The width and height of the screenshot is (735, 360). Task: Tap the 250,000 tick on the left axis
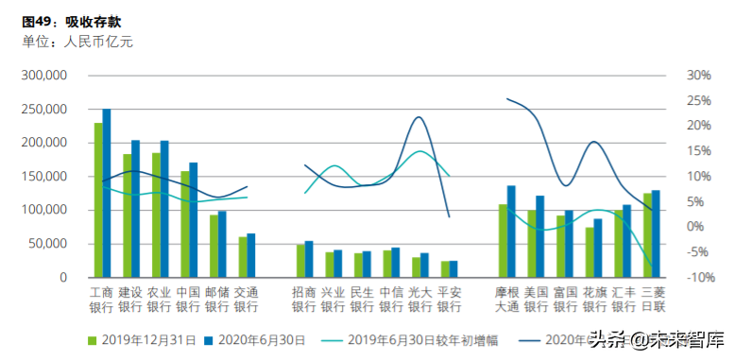click(44, 110)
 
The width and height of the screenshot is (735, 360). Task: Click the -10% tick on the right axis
click(698, 278)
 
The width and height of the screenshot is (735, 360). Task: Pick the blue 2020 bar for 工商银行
click(107, 194)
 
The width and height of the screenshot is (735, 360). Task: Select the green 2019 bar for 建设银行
click(127, 215)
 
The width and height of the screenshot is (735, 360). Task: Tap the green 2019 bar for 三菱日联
click(646, 235)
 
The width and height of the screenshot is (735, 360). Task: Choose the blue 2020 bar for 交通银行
click(251, 255)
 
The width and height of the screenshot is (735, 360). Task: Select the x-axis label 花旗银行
click(595, 300)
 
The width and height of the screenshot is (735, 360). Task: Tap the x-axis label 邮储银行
click(217, 300)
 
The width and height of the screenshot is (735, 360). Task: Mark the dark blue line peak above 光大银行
click(418, 117)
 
